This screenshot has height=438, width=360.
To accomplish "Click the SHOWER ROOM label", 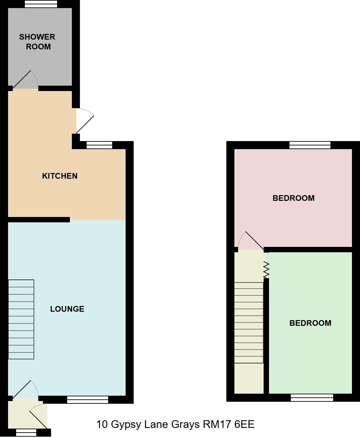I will click(x=37, y=42).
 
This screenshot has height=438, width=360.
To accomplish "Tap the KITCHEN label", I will click(x=60, y=176).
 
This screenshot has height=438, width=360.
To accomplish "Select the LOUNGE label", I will click(x=67, y=309).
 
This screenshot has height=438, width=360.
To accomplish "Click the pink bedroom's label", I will click(x=294, y=198).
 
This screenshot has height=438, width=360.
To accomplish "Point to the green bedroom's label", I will click(x=310, y=323).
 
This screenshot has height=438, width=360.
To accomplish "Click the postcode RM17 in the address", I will click(x=217, y=425).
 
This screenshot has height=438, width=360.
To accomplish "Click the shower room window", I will click(x=41, y=4).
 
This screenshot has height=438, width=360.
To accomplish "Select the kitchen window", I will click(x=99, y=145).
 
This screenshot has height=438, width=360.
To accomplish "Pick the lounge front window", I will click(x=87, y=400).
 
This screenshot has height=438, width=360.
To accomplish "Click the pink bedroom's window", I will click(x=310, y=145).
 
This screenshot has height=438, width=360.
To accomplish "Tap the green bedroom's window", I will click(x=312, y=398).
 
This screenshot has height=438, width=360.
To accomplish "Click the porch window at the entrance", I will click(x=26, y=433).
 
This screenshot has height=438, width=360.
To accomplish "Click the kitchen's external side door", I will click(x=85, y=120).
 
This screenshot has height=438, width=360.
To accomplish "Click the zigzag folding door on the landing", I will click(x=266, y=270).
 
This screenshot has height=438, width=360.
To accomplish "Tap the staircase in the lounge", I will click(x=21, y=319).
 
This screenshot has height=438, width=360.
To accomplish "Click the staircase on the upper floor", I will click(x=249, y=322).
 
